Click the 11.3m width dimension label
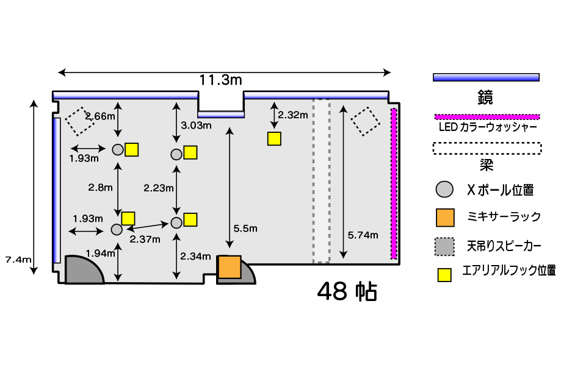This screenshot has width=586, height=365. pos(220,80)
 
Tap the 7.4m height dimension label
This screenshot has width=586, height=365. pos(18,260)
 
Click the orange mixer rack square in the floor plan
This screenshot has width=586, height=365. pos(230,267)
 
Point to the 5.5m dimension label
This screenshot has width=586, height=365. pos(245,229)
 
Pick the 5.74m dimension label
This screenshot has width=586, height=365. pos(363,235)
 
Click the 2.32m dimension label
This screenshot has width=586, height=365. pos(292,115)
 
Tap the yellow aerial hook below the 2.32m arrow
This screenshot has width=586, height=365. pos(274,138)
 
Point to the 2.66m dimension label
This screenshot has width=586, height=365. pos(98,116)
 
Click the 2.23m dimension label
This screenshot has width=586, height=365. pos(159,188)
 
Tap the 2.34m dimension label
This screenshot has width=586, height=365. pos(197,256)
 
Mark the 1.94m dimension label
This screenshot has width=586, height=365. pos(100,253)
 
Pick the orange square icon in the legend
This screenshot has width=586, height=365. pos(445,216)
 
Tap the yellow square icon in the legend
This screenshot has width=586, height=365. pos(445,275)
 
